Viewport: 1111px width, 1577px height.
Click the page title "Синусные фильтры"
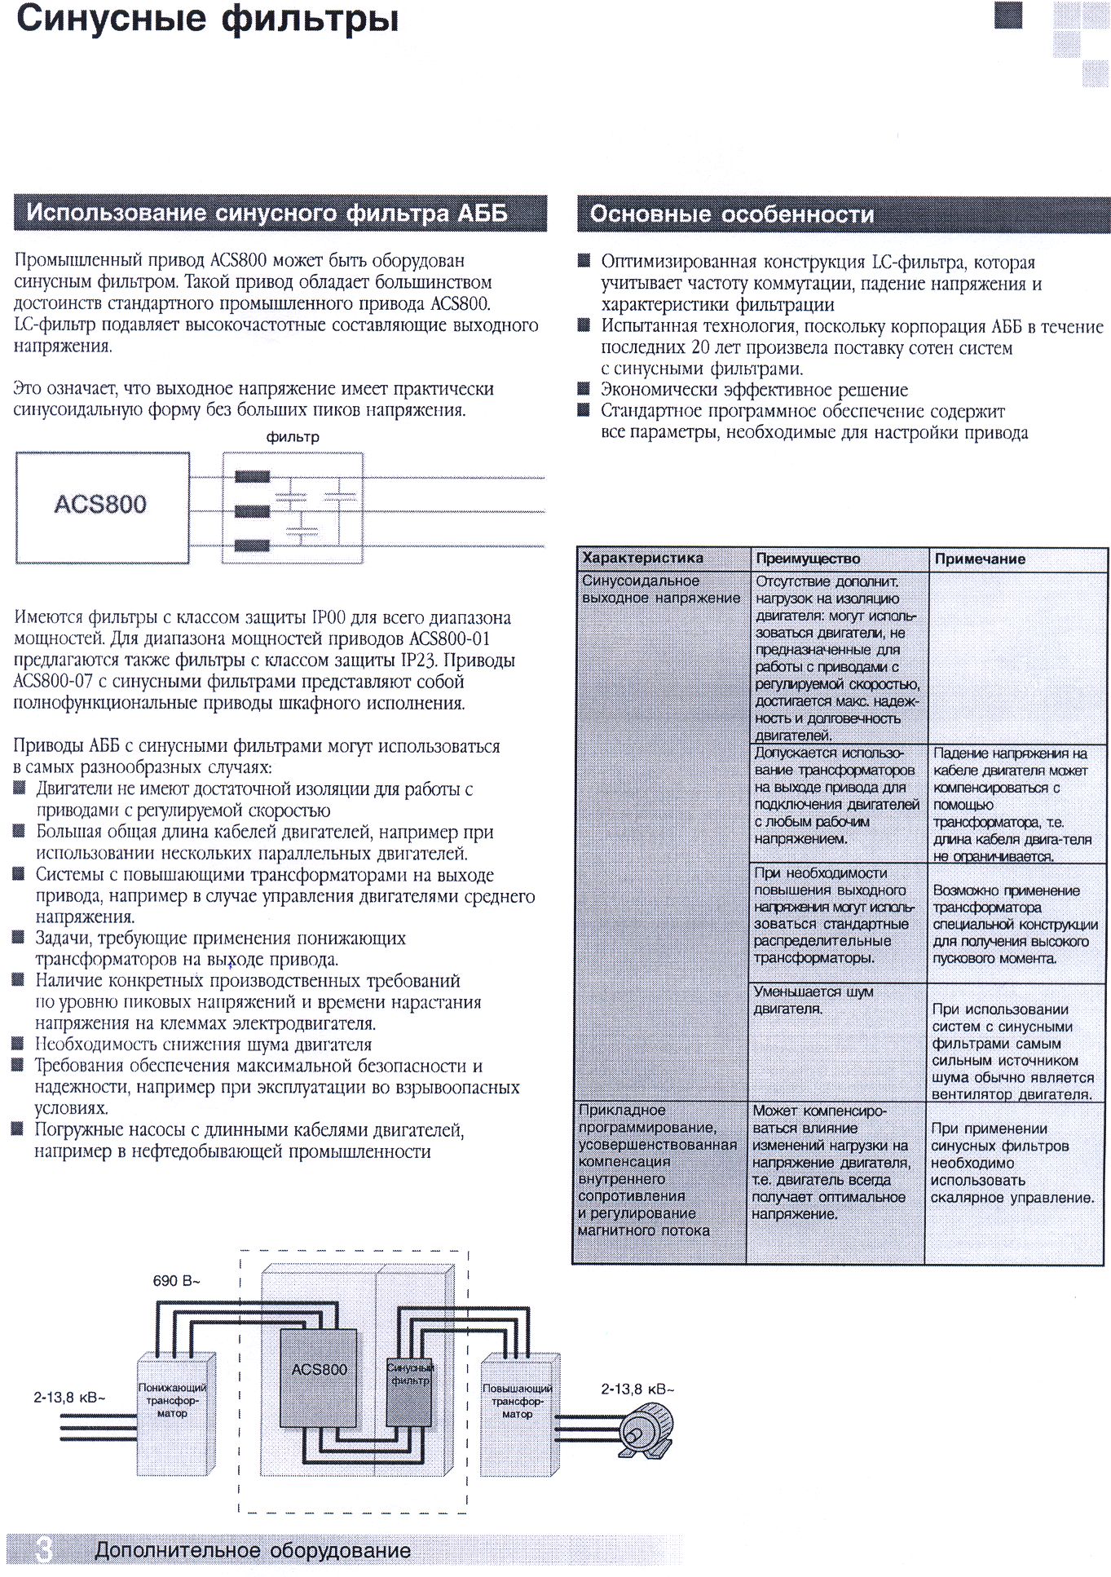(x=207, y=20)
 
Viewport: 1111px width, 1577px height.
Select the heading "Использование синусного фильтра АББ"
(x=267, y=214)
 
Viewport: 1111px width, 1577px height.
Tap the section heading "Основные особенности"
(x=731, y=214)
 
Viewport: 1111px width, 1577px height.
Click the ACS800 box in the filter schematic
(x=102, y=506)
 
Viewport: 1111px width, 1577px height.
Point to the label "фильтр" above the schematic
(x=293, y=437)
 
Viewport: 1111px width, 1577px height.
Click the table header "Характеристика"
(x=642, y=559)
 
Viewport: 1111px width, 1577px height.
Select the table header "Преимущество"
(x=807, y=559)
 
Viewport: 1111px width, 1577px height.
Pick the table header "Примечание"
(x=980, y=559)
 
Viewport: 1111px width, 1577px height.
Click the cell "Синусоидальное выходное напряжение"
(x=660, y=590)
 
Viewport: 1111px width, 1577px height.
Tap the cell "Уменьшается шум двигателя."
(x=813, y=1001)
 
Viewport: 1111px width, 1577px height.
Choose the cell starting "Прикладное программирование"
(x=657, y=1170)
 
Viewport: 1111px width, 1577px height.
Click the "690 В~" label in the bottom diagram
(x=176, y=1280)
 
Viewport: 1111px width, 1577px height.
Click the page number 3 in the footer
(x=44, y=1549)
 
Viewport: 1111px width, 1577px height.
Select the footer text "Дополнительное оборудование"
(x=253, y=1550)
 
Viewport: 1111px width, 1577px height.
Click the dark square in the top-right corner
(x=1008, y=15)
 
